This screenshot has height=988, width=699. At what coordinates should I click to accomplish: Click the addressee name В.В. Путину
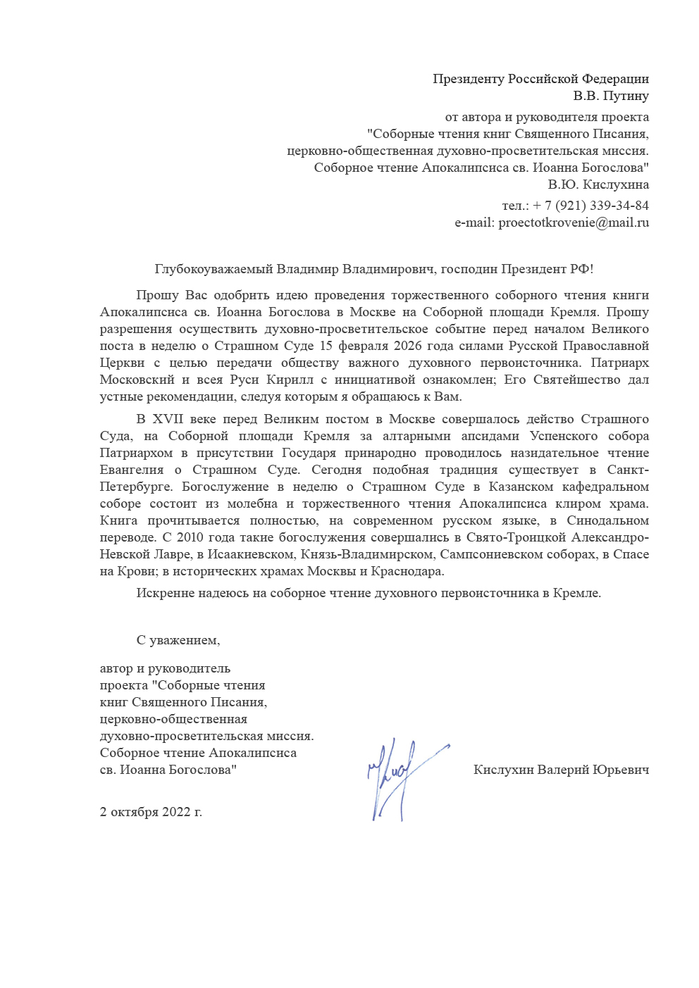pos(610,96)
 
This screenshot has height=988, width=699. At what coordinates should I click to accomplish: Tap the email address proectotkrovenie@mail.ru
pos(573,223)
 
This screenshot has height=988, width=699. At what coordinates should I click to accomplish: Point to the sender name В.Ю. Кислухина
pos(598,185)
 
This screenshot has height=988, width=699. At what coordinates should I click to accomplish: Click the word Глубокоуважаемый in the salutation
pos(213,269)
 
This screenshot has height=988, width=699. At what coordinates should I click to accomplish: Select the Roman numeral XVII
pos(168,419)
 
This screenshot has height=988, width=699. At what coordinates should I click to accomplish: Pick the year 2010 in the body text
pos(190,537)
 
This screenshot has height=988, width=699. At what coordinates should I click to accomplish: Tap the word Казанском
pos(521,487)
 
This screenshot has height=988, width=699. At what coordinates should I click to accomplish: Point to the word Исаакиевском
pos(250,554)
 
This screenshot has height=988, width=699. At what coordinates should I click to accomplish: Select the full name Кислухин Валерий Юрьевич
pos(561,770)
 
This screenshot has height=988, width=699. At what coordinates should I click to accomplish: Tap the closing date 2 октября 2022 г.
pos(151,812)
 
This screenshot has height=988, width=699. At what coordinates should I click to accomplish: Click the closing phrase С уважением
pos(178,640)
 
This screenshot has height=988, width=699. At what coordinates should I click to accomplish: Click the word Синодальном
pos(607,520)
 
